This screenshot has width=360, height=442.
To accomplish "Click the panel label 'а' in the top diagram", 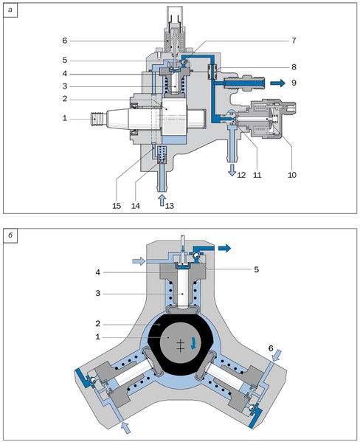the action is pyautogui.click(x=10, y=10).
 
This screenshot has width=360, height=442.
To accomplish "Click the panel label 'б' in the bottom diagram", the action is pyautogui.click(x=10, y=235).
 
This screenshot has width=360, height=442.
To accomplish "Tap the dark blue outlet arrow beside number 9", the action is pyautogui.click(x=277, y=83).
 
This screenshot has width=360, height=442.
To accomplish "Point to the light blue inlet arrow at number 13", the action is pyautogui.click(x=162, y=199).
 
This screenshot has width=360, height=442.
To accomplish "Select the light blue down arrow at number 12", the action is pyautogui.click(x=232, y=170).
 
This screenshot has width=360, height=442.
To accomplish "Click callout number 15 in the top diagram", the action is pyautogui.click(x=117, y=206).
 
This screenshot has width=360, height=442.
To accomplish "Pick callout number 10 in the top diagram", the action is pyautogui.click(x=292, y=175).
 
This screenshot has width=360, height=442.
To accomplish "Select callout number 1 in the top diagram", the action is pyautogui.click(x=65, y=118).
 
